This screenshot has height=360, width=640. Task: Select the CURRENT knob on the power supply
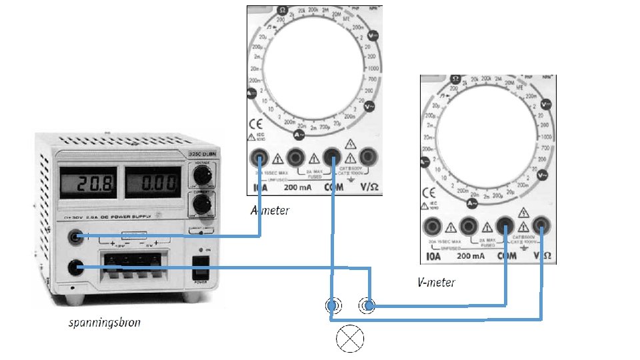pos(200,201)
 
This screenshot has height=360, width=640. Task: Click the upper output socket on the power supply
pos(78,235)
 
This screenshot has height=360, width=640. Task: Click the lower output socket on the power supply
pos(78,267)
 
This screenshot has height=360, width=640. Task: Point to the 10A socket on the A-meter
pos(259,158)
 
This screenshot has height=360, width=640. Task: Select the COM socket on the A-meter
pos(331,158)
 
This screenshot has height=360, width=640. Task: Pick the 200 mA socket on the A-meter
pos(295,158)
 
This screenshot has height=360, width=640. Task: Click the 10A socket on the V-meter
pos(434,226)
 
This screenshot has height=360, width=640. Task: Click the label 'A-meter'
pos(269,211)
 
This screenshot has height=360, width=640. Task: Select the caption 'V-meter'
pos(435,282)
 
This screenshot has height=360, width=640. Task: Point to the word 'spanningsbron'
pos(104,324)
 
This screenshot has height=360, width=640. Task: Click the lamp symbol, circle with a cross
pos(349,339)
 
